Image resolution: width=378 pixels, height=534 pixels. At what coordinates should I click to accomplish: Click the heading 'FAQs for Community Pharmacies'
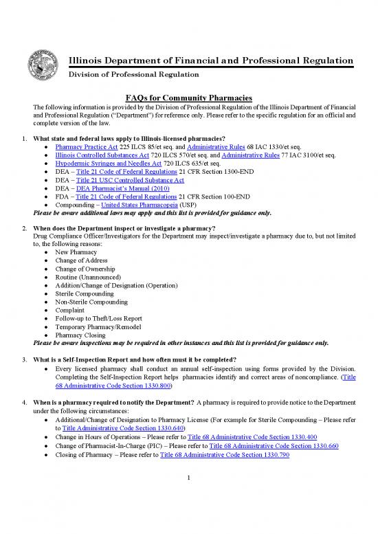point(188,99)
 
